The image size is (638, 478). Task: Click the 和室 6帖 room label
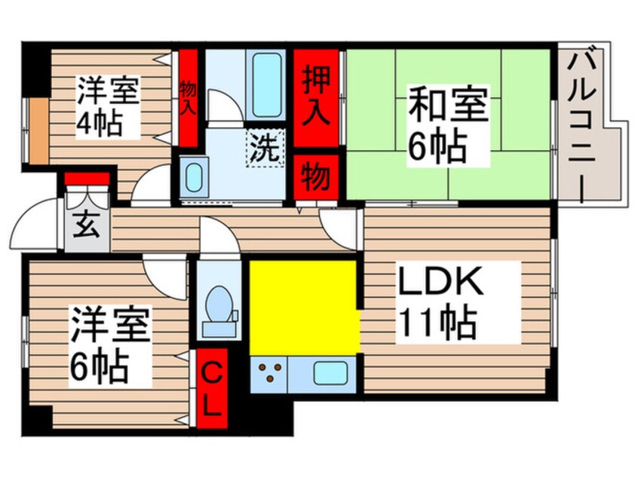point(447,125)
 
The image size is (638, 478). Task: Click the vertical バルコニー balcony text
point(587,124)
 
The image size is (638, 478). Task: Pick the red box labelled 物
point(315,178)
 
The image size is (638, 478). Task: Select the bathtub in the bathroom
point(265,84)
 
